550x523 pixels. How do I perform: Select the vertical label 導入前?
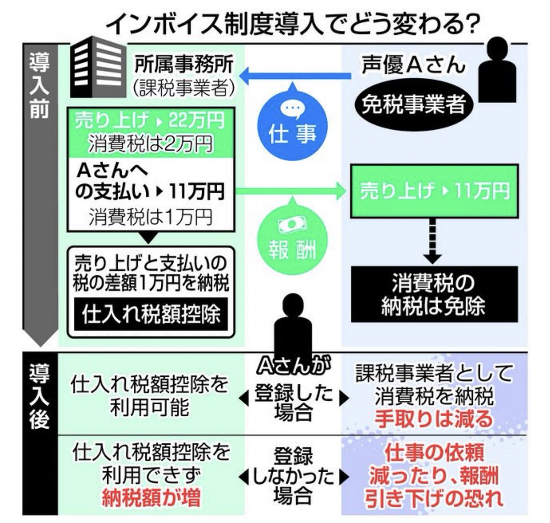click(39, 87)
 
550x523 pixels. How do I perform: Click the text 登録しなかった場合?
click(293, 476)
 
